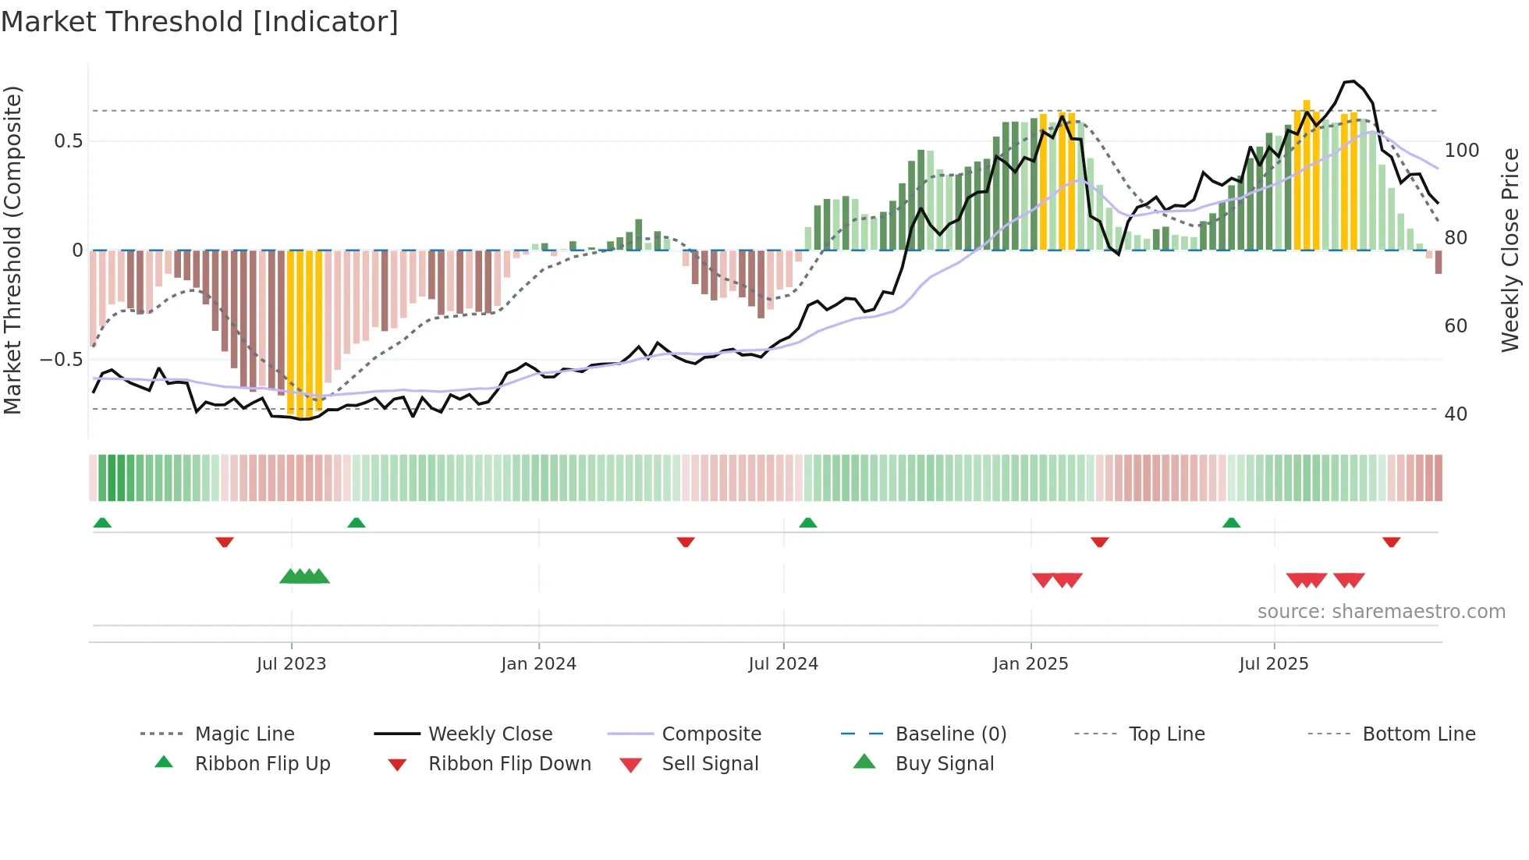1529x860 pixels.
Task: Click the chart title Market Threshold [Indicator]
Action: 200,22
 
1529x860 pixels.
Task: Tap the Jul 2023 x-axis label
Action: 291,664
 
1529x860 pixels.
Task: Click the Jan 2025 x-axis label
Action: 1030,664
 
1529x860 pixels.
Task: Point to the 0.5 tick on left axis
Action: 68,141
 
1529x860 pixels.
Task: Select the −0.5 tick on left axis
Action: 62,360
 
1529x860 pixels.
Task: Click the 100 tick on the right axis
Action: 1461,150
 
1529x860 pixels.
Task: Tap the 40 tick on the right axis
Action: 1456,414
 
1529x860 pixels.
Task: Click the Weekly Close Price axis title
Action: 1510,250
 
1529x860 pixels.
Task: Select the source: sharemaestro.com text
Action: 1381,612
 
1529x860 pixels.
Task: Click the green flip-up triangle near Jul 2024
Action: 807,523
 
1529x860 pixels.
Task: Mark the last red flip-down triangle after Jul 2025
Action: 1391,542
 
